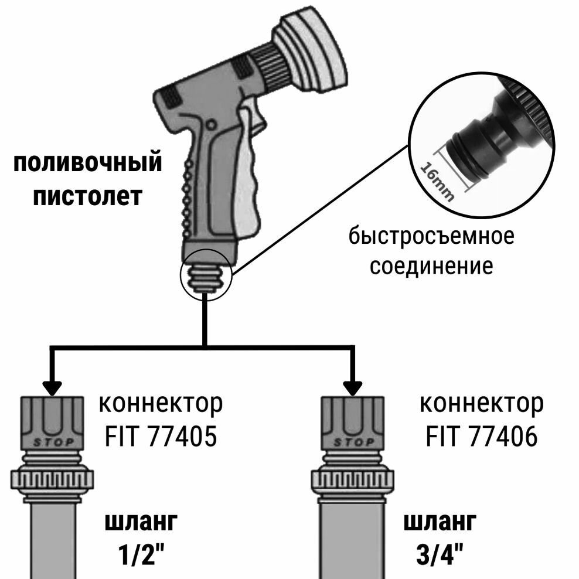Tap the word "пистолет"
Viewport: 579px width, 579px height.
click(x=87, y=196)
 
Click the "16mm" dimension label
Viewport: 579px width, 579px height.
click(x=437, y=179)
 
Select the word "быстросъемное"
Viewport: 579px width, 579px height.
click(x=431, y=237)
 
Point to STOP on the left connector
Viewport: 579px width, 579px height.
click(x=53, y=442)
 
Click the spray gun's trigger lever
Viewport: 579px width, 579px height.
click(x=249, y=176)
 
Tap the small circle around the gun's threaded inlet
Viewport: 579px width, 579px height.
click(x=207, y=275)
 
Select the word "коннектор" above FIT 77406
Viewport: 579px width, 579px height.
click(x=482, y=404)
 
